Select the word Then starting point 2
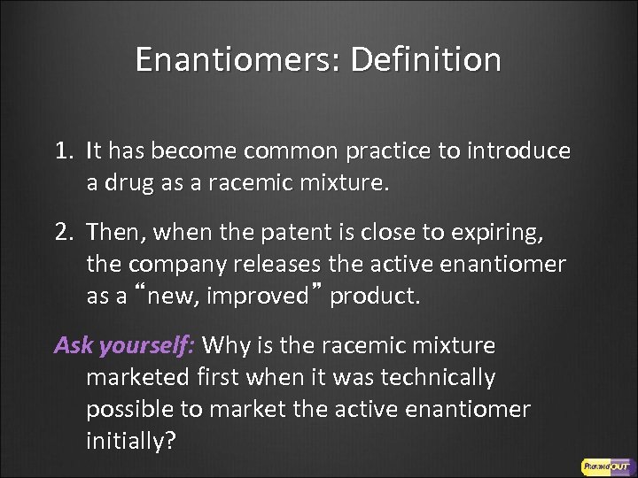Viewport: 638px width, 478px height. click(114, 235)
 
